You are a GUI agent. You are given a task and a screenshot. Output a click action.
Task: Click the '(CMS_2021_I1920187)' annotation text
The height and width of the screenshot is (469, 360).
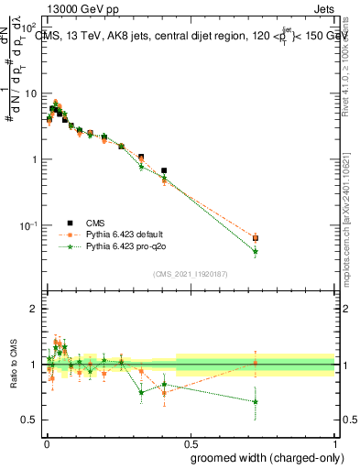(x=190, y=273)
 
